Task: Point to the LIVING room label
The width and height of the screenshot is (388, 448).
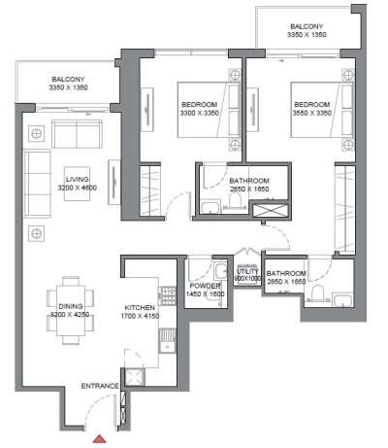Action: [x=78, y=180]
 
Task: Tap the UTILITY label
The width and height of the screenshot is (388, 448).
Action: [x=246, y=273]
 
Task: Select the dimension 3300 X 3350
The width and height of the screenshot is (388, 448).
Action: [x=199, y=113]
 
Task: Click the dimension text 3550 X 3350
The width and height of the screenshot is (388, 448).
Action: [x=311, y=113]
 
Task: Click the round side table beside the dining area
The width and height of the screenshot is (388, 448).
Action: [x=36, y=232]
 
